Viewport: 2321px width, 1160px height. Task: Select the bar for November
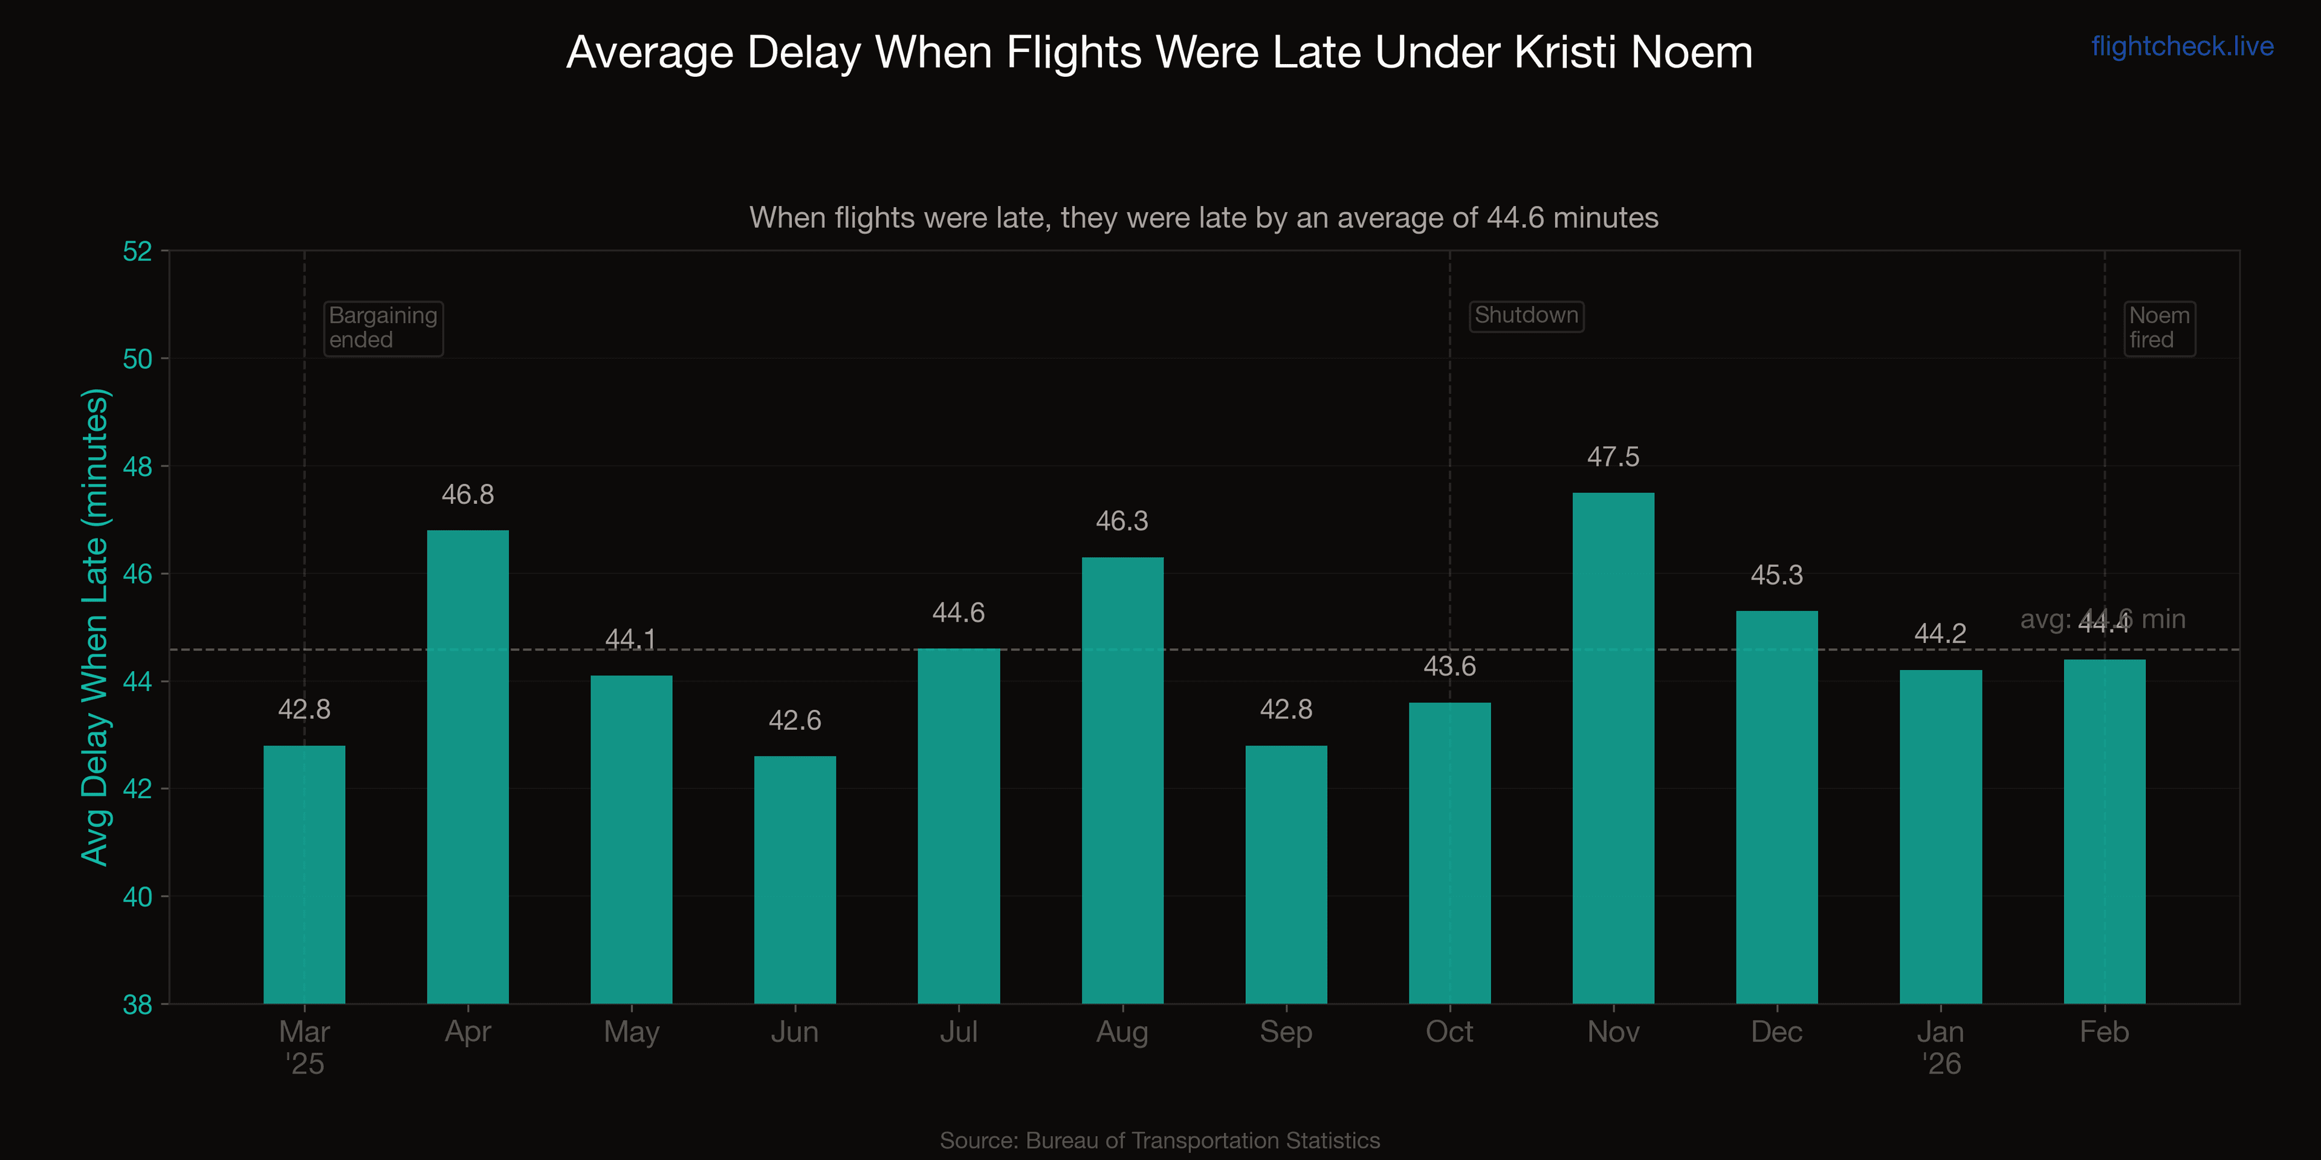tap(1613, 747)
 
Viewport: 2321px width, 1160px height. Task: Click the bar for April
tap(468, 765)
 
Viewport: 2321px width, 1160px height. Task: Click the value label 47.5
tap(1613, 457)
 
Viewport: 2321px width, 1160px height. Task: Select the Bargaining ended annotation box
tap(383, 328)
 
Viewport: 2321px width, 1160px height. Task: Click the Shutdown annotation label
tap(1526, 315)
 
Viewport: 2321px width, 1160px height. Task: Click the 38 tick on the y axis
tap(138, 1004)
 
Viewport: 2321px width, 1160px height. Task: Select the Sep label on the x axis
tap(1286, 1032)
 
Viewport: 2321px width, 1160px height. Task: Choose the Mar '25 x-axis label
tap(305, 1046)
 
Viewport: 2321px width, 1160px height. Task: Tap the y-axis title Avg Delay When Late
tap(95, 627)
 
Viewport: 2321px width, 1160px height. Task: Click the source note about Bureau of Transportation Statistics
tap(1160, 1140)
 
